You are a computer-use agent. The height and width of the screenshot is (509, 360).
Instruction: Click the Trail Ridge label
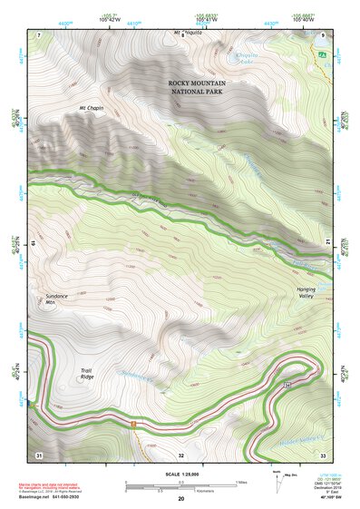coord(86,374)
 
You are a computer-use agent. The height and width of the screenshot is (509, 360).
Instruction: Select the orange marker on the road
coord(133,424)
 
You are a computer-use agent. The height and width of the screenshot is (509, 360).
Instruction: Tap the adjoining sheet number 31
coord(39,454)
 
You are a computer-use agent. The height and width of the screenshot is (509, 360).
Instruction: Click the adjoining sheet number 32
coord(181,454)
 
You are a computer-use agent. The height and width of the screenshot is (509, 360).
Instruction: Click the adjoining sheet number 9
coord(323,34)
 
